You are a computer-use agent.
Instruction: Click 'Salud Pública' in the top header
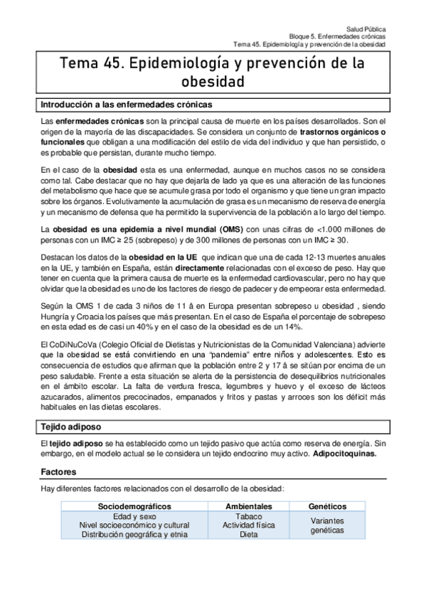click(x=366, y=24)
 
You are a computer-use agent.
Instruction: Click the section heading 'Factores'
click(x=59, y=471)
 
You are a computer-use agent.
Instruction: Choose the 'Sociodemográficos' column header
click(x=134, y=506)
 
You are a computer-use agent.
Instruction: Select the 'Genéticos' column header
click(x=328, y=506)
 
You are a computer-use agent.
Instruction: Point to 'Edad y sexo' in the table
click(x=134, y=516)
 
